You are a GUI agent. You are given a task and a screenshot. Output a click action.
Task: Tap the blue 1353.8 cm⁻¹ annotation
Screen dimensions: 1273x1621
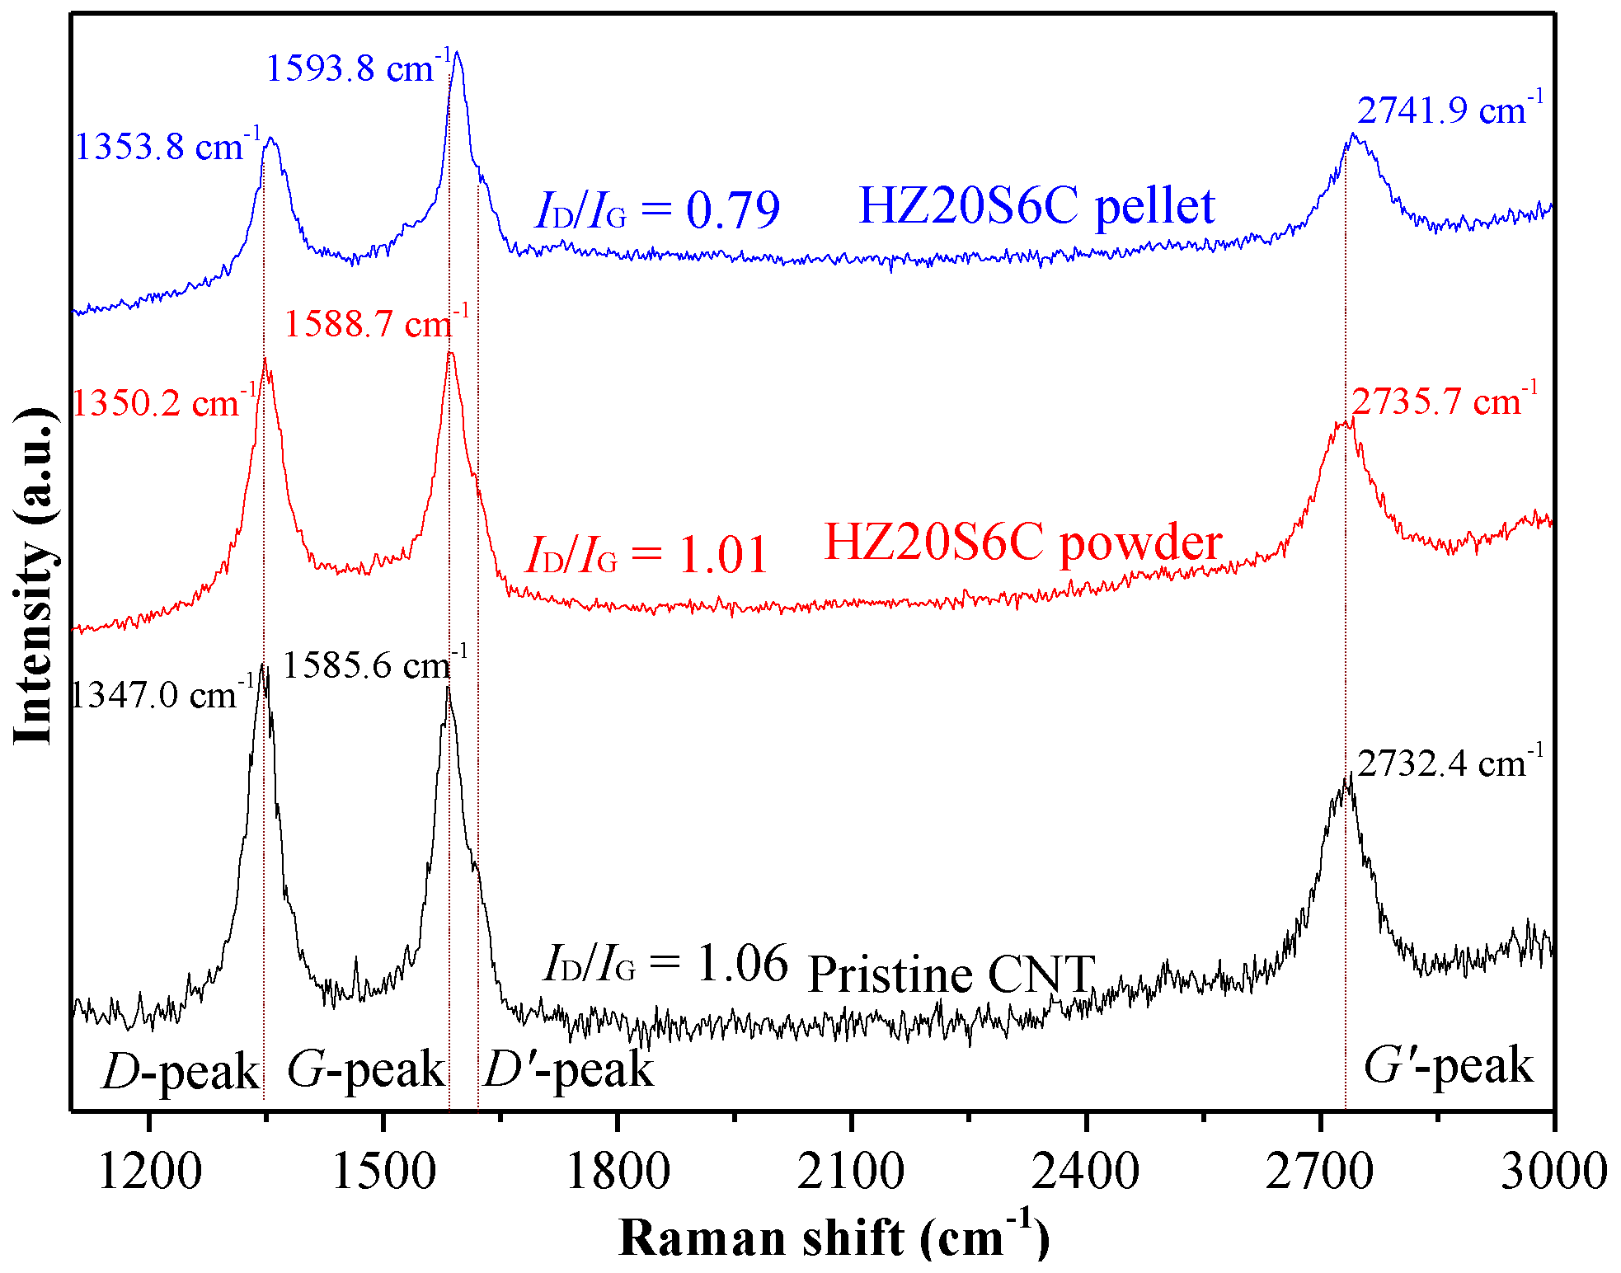pos(167,147)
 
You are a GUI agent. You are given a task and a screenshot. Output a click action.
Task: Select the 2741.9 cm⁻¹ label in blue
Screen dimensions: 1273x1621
pos(1450,110)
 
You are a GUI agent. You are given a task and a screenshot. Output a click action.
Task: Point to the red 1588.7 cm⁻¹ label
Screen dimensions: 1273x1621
pos(376,323)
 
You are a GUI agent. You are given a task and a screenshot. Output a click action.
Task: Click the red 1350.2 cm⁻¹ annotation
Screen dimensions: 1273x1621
pos(164,403)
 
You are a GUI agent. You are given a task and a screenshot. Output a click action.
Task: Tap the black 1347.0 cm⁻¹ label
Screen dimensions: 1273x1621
pos(162,695)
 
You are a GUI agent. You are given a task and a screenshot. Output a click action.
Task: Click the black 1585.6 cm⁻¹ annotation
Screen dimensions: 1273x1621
pos(374,665)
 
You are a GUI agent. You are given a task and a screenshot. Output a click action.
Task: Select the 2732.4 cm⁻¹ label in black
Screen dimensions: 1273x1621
pos(1450,763)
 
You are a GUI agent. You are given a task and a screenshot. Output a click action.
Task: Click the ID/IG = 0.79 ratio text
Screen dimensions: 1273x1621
pos(657,210)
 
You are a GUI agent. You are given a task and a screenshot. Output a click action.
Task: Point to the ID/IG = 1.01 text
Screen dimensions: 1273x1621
pos(647,554)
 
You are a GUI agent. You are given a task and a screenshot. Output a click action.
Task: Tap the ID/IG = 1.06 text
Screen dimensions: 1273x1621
pos(665,963)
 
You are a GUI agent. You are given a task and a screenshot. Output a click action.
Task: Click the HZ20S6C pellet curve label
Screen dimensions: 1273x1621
pos(1036,206)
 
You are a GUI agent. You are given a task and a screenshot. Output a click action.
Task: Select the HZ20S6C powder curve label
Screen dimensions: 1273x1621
pos(1022,543)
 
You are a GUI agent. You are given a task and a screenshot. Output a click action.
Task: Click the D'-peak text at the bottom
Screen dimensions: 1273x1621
pos(568,1070)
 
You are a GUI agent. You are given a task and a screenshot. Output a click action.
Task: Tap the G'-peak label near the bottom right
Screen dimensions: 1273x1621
pos(1448,1066)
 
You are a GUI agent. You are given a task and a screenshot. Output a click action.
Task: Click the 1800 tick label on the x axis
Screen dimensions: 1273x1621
pos(617,1171)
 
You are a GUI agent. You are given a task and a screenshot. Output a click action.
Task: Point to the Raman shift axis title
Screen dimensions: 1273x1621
pos(834,1238)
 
